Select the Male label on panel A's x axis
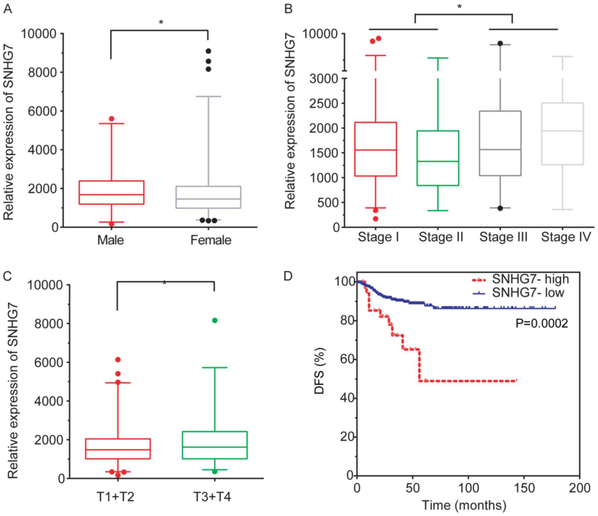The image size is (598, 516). (110, 240)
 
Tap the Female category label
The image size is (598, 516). (211, 240)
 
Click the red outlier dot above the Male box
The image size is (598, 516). (112, 119)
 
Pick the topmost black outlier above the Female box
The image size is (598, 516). (208, 51)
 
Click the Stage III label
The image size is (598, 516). (503, 237)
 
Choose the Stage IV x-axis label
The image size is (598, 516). (566, 237)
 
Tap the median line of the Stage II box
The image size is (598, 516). (438, 161)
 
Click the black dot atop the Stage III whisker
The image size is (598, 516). (500, 43)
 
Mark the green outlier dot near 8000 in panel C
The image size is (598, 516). (215, 320)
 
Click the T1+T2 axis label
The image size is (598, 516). (115, 497)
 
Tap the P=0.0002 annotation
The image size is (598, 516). (541, 324)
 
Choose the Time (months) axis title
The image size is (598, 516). (464, 505)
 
